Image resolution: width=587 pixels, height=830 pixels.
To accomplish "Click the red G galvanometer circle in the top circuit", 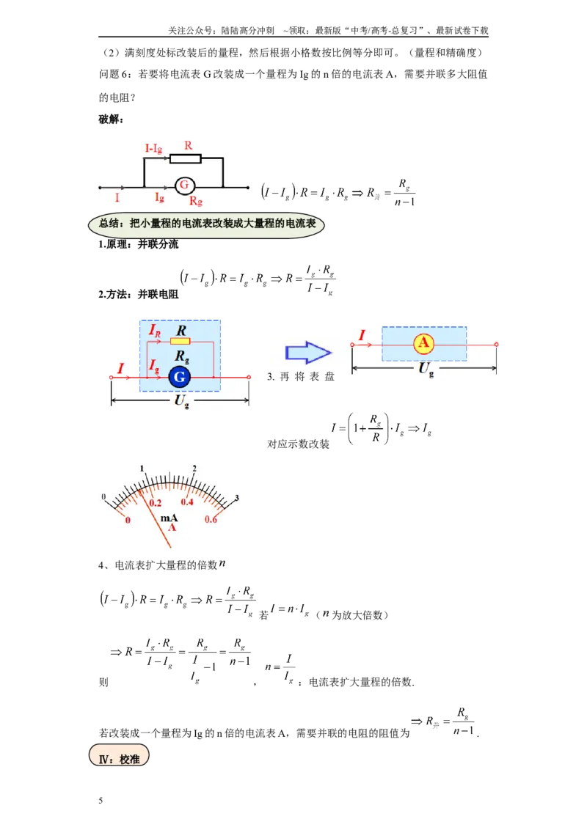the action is (184, 186).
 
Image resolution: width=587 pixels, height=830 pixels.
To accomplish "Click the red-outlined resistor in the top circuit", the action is (186, 158).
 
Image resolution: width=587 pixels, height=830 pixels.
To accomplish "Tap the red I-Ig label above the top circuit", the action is (153, 149).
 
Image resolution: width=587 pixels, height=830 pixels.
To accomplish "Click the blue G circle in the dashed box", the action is (180, 377).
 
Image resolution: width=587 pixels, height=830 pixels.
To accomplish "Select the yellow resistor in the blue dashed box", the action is (180, 342).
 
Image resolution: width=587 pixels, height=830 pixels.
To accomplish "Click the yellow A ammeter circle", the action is (424, 344).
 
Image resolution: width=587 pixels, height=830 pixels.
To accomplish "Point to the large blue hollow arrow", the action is (308, 353).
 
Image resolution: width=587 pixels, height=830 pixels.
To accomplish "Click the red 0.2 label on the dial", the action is (156, 503).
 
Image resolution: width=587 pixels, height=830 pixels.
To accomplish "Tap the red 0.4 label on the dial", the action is (187, 502).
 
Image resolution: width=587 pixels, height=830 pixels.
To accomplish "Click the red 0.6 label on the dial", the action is (211, 520).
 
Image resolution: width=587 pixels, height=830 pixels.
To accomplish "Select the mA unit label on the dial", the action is (169, 518).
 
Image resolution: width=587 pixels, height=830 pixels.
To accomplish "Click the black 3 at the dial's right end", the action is (237, 498).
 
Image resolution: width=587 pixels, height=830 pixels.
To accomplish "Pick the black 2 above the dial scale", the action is (194, 469).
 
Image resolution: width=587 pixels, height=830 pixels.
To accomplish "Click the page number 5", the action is (101, 801).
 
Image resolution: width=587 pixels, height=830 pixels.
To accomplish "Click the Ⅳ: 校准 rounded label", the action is (119, 756).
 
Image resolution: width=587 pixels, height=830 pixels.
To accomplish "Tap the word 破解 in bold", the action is (109, 119).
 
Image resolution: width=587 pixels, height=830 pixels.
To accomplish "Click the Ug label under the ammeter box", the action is (426, 368).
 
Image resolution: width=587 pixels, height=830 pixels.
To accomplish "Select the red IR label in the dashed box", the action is (154, 331).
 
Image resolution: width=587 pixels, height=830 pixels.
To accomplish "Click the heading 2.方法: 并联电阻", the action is (138, 294).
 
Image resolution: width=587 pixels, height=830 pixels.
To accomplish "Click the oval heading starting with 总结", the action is (206, 224).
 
